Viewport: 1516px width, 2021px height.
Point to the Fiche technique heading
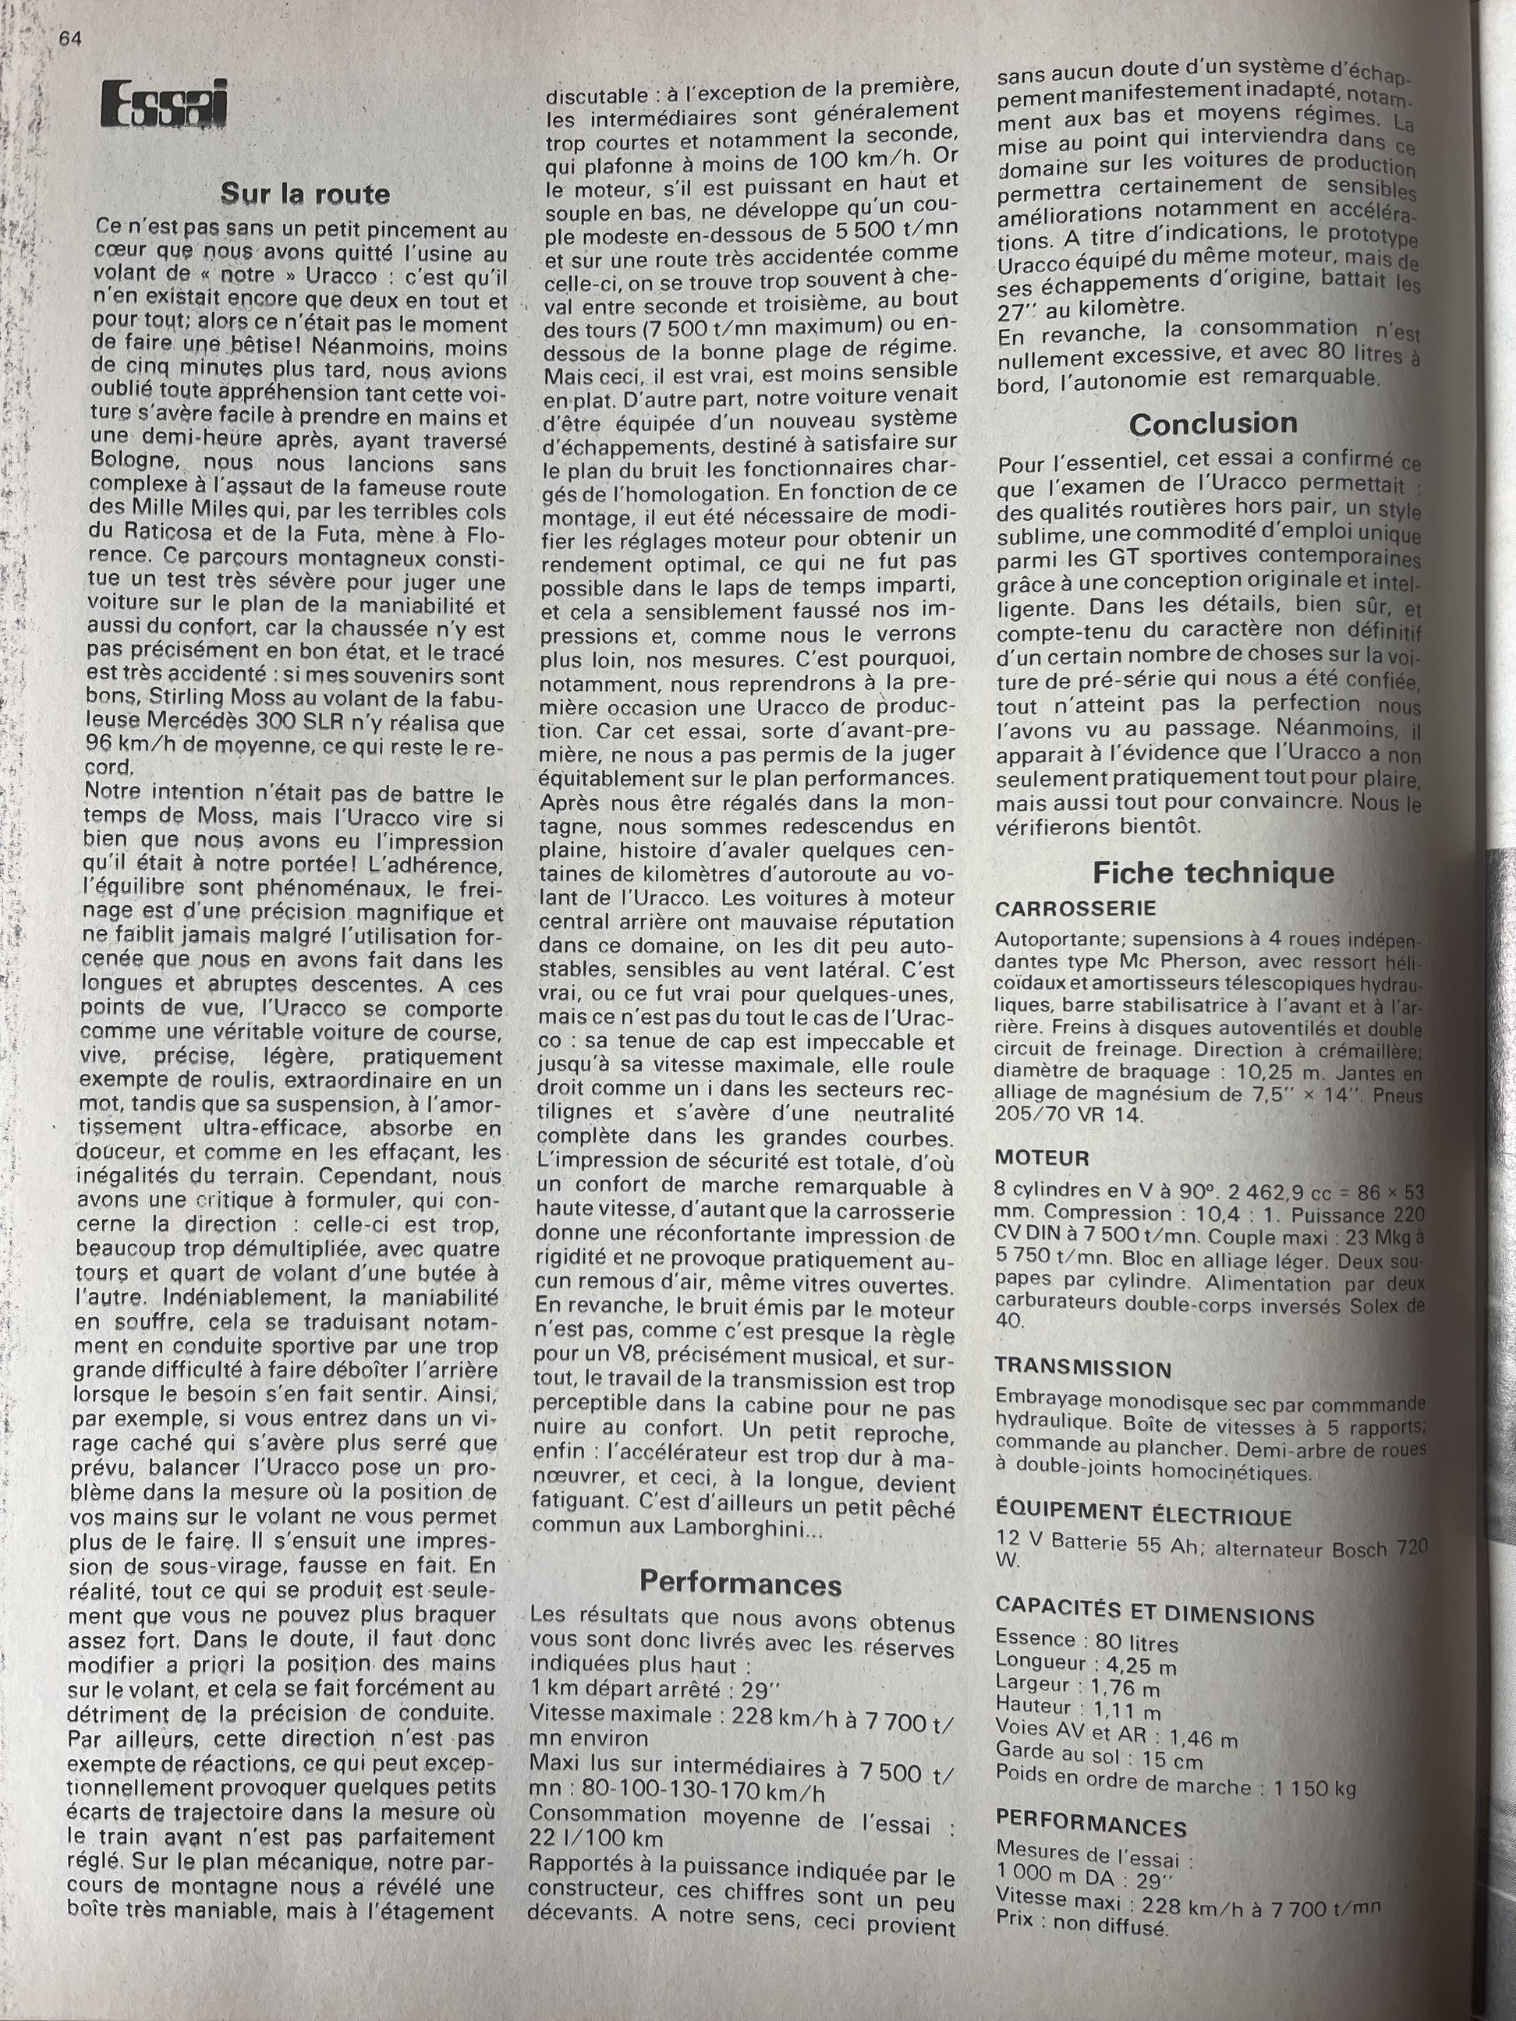coord(1213,872)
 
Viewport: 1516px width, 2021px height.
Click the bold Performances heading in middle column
coord(740,1581)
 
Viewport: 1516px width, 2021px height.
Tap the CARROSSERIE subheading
coord(1075,908)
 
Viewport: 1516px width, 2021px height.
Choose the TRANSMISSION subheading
coord(1082,1368)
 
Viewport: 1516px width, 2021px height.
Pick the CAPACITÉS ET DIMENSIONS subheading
coord(1153,1615)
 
